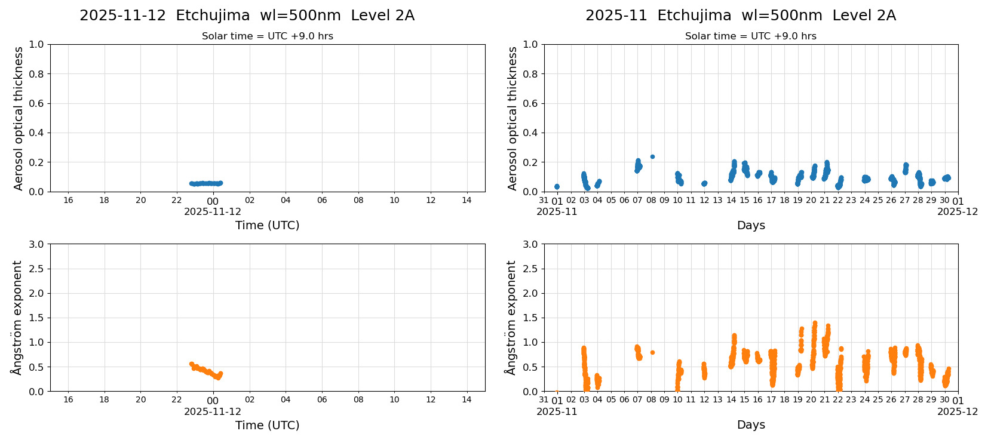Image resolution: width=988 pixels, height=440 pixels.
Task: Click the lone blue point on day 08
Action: (x=652, y=157)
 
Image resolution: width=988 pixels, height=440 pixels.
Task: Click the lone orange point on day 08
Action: (x=652, y=353)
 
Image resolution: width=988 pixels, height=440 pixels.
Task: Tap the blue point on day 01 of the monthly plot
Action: (x=557, y=187)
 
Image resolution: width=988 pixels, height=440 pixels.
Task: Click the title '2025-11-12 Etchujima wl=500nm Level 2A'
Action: (x=247, y=16)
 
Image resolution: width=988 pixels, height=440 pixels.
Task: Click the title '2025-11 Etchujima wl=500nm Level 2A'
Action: (x=740, y=16)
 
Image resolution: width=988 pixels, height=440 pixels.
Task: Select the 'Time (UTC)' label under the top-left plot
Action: (x=267, y=225)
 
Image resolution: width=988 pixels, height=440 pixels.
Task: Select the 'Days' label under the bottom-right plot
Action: (x=750, y=425)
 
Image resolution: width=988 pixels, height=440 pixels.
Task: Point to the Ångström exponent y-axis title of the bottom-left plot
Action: (x=17, y=318)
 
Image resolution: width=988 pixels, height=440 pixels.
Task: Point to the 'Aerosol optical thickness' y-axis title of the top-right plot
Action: (x=513, y=118)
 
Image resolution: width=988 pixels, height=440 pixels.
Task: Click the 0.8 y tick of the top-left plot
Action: (x=36, y=74)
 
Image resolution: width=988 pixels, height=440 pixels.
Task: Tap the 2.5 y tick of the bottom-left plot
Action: (x=36, y=269)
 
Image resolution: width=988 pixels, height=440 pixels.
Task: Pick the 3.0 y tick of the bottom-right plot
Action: (x=530, y=244)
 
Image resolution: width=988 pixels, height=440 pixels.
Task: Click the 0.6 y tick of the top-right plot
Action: (x=530, y=103)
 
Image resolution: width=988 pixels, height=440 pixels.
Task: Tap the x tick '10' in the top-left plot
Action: (x=394, y=200)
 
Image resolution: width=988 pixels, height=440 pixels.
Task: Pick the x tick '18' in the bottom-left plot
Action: (x=104, y=400)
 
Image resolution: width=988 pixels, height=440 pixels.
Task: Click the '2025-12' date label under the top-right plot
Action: (x=957, y=211)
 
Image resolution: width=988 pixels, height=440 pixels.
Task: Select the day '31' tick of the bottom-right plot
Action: (x=544, y=400)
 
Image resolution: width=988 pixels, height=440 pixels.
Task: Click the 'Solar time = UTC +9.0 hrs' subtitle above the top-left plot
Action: (x=267, y=36)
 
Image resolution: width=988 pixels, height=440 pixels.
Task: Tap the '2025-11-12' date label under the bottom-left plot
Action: (x=213, y=411)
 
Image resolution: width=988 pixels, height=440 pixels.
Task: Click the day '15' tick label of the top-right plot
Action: (x=744, y=200)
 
